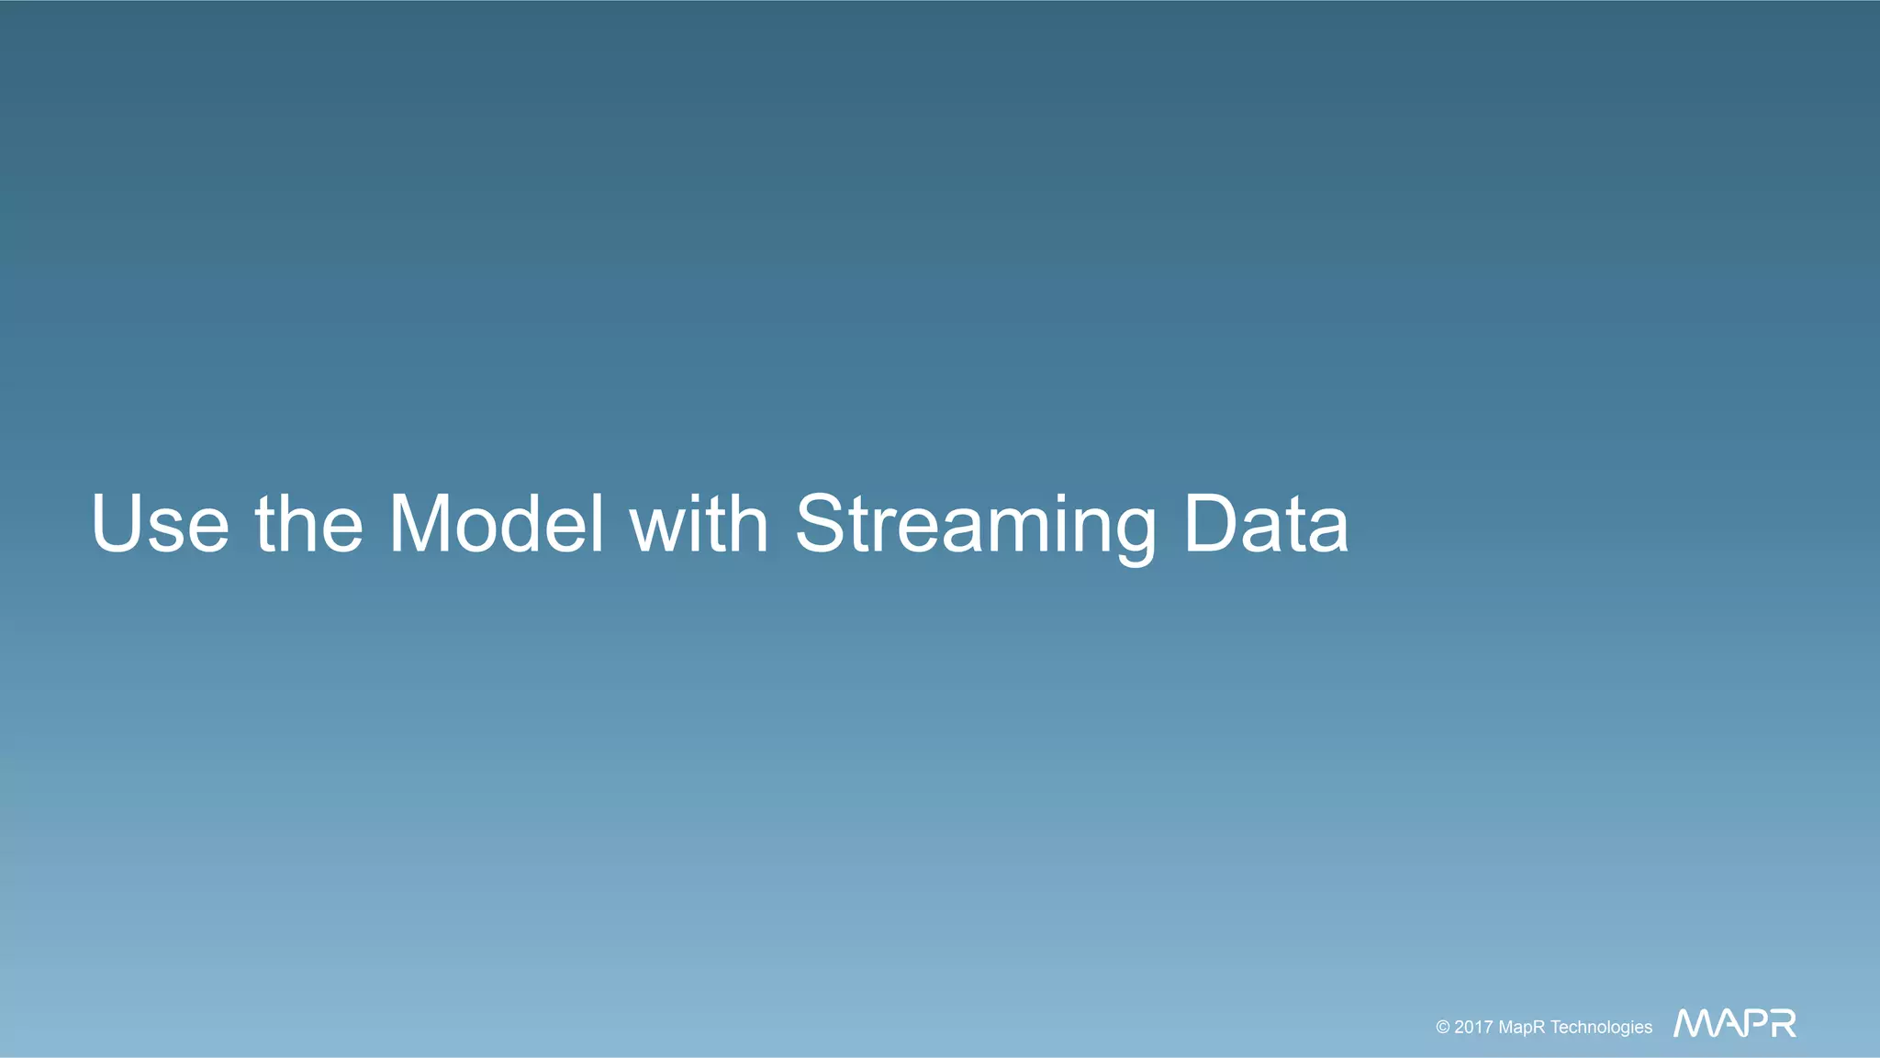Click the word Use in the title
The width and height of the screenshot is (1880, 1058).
[x=160, y=524]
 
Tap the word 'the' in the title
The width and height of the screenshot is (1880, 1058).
[x=308, y=524]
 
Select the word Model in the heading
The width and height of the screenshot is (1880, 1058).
[x=497, y=524]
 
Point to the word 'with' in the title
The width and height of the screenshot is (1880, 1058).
[x=699, y=524]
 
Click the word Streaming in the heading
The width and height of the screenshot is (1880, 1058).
[x=976, y=526]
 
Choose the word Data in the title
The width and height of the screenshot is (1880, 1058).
[x=1266, y=524]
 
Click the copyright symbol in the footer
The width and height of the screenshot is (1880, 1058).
[x=1443, y=1028]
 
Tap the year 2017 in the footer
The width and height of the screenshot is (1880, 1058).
[x=1473, y=1028]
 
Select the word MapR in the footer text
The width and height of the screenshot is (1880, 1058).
[x=1522, y=1028]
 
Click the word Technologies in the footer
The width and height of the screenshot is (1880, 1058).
[x=1602, y=1028]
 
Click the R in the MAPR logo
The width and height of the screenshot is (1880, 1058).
[x=1783, y=1023]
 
